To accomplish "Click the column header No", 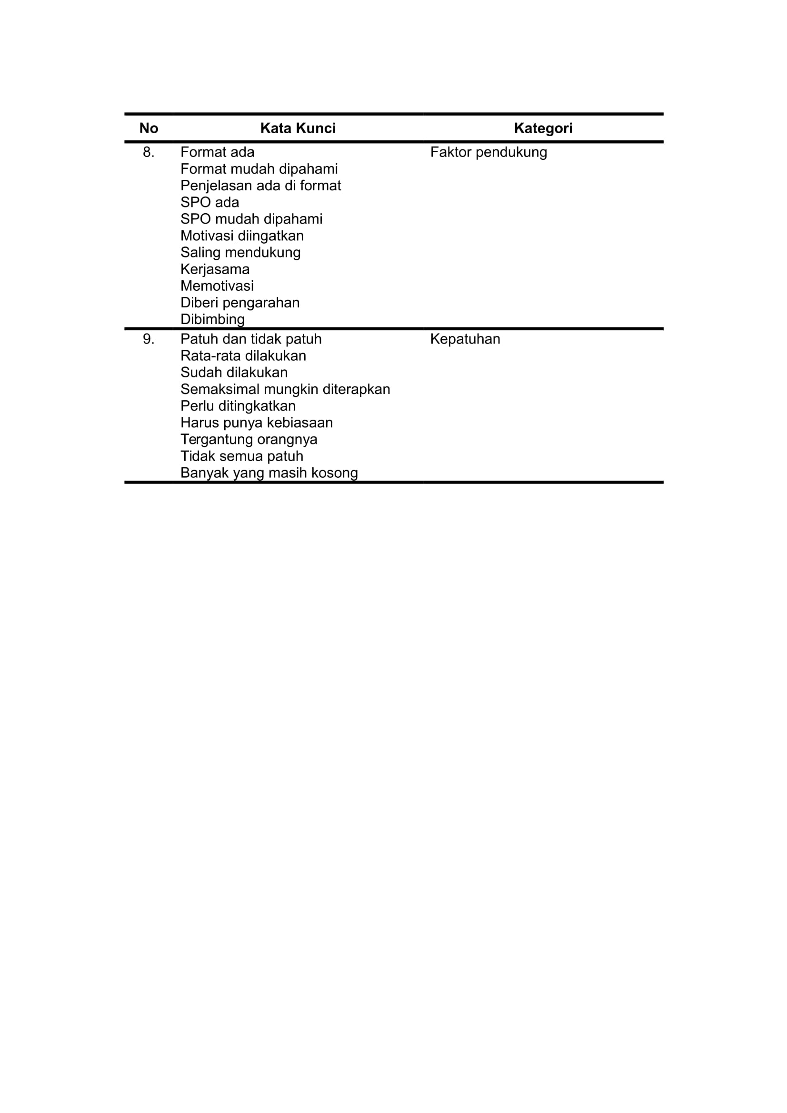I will tap(149, 128).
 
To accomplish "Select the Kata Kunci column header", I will tap(298, 128).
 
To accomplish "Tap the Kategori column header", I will tap(543, 128).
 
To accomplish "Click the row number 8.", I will tap(149, 152).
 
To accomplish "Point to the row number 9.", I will tap(149, 339).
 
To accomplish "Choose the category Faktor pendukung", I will tap(488, 152).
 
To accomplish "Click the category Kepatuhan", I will tap(465, 339).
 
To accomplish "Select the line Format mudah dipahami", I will tap(259, 169).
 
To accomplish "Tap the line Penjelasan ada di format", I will tap(260, 186).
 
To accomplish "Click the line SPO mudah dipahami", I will tap(251, 219).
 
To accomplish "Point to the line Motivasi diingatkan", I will tap(242, 236).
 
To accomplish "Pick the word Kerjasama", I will tap(215, 269).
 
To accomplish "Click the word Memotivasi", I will tap(217, 286).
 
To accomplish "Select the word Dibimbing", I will tap(212, 319).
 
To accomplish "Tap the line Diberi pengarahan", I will tap(239, 303).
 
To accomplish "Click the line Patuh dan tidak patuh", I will tap(251, 339).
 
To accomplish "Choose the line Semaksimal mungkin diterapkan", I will tap(285, 389).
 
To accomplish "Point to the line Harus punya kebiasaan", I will tap(257, 423).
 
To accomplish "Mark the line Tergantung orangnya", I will tap(249, 440).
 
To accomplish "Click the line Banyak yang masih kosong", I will tap(269, 473).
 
